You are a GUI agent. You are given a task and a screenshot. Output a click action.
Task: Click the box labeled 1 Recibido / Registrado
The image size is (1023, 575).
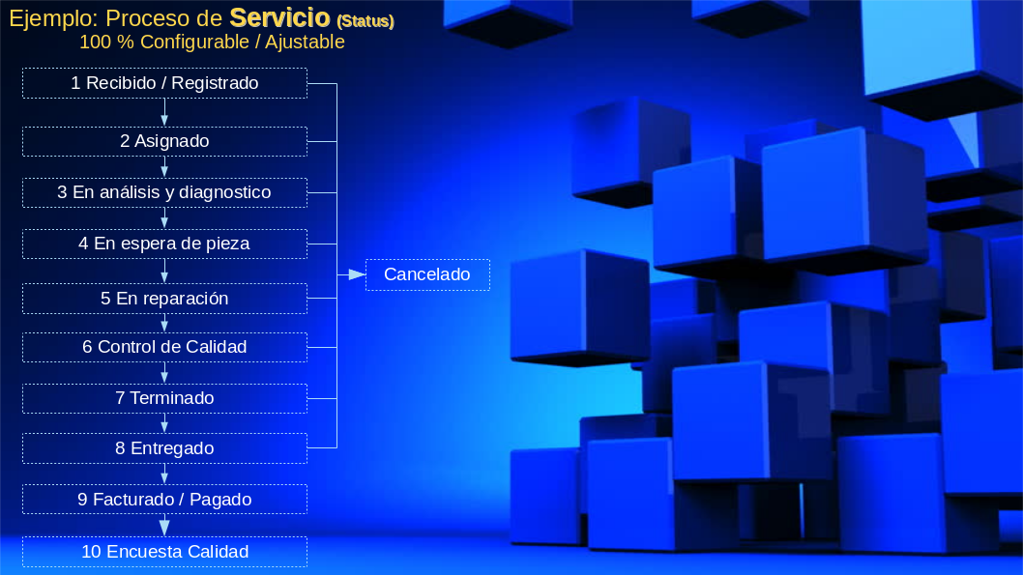(x=164, y=83)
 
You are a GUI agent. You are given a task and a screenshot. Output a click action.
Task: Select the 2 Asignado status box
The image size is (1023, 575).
(x=164, y=141)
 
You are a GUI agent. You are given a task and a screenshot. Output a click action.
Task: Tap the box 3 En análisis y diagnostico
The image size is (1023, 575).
(x=164, y=193)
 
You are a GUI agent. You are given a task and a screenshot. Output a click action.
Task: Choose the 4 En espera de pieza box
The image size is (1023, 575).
(x=164, y=244)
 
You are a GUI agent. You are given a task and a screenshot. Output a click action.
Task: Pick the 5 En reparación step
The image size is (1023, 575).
(x=164, y=299)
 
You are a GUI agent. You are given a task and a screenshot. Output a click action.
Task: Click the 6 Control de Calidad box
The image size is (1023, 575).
(x=164, y=348)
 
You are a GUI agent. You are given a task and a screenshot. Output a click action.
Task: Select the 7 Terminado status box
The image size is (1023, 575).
(x=164, y=398)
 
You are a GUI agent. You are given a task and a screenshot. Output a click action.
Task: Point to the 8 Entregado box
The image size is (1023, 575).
(x=164, y=448)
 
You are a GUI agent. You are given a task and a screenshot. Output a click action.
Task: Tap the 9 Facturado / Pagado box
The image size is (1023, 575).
(x=164, y=500)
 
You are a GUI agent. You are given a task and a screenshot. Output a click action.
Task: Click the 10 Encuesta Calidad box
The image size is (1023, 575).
(x=164, y=552)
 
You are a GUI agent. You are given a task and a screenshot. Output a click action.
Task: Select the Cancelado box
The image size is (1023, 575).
(x=427, y=274)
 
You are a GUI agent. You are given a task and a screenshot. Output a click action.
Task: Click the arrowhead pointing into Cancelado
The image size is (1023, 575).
(x=357, y=274)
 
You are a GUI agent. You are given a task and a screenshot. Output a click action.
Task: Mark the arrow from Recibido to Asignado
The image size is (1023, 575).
(x=164, y=112)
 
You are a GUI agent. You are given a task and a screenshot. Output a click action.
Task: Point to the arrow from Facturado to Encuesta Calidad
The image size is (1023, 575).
(x=164, y=526)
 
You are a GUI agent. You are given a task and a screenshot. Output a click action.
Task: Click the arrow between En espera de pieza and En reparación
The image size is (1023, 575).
(x=164, y=271)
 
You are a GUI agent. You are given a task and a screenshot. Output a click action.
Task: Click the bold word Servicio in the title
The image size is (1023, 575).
(x=279, y=17)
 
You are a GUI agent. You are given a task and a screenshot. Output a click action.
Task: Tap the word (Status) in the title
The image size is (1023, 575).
(x=365, y=21)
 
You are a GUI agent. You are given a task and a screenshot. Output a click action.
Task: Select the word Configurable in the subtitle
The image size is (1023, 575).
(x=194, y=42)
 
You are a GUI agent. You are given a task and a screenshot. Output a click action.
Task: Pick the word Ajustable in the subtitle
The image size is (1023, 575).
(x=305, y=42)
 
